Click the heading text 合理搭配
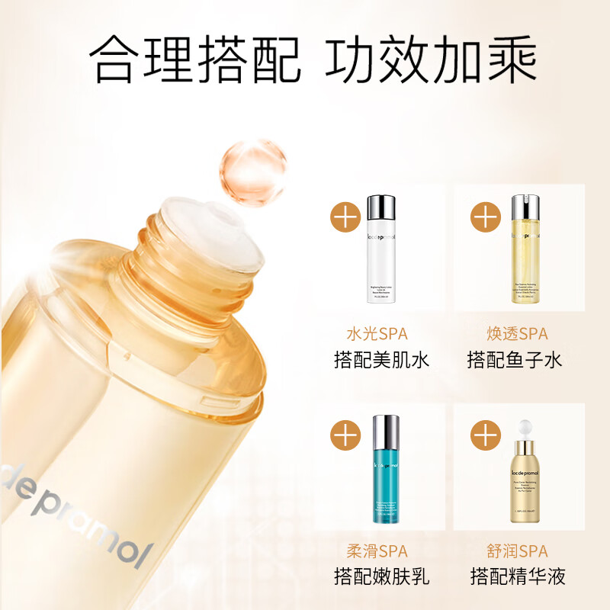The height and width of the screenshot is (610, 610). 194,59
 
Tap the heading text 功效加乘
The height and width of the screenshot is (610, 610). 431,59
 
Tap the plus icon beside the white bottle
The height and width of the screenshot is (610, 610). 347,217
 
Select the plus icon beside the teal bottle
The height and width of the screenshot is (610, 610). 347,435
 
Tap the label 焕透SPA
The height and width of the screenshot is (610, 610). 517,334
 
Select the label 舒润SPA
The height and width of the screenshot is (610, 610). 517,551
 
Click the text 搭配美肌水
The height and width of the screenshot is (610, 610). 381,359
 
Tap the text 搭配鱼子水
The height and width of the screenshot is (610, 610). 515,359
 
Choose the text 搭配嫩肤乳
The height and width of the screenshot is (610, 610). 381,576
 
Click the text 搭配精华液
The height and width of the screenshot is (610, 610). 517,576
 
